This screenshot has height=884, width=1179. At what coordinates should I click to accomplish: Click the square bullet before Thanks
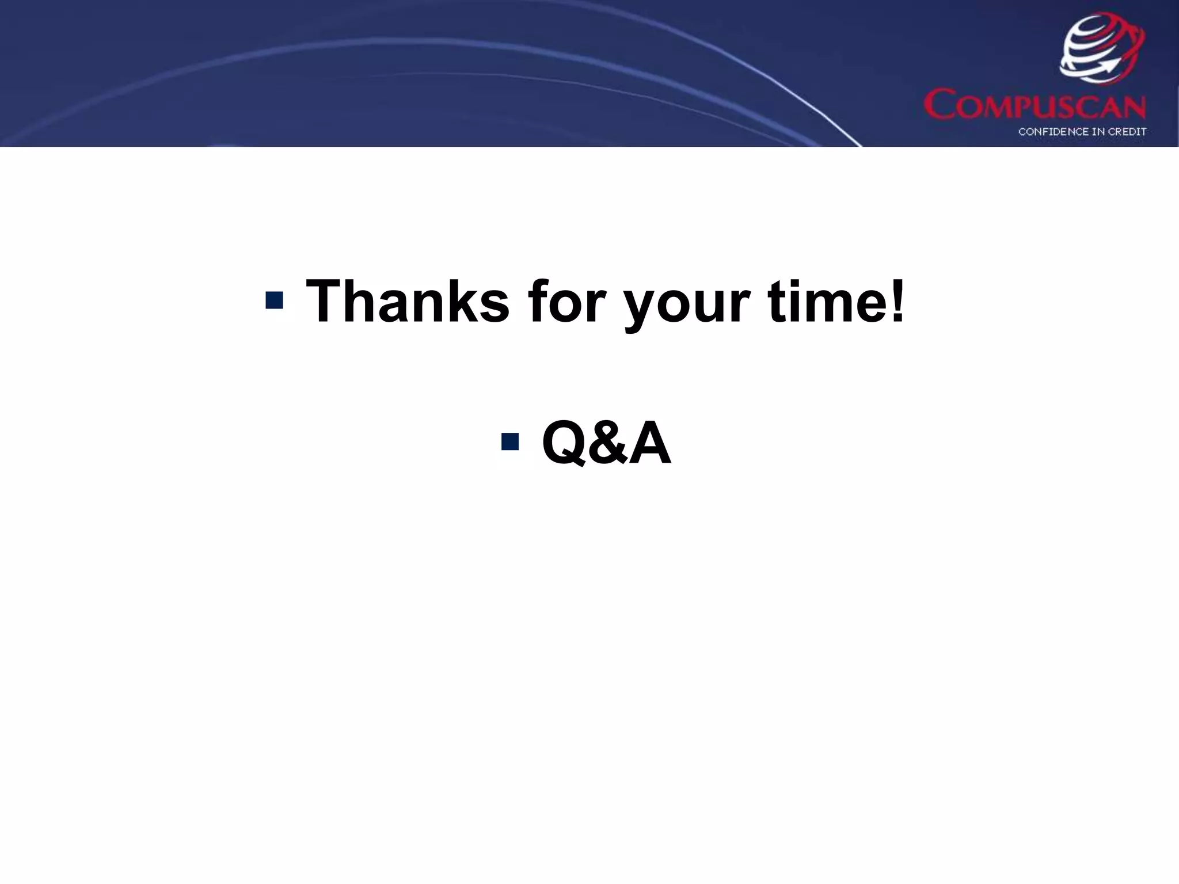tap(275, 300)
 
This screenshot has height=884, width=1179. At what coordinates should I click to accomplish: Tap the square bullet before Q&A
tap(510, 442)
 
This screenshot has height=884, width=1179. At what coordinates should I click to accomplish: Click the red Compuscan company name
tap(1035, 105)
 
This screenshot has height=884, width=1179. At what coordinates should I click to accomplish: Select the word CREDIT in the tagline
tap(1125, 132)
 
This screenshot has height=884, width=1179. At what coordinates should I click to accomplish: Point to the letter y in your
tap(641, 308)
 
